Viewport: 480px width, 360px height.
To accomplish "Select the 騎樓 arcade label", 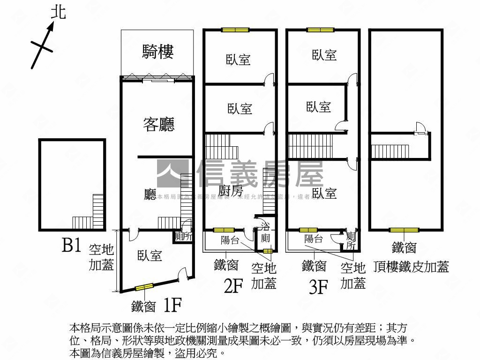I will click(x=158, y=51).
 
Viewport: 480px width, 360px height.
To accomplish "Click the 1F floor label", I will click(x=172, y=306).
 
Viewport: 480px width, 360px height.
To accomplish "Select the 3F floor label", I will click(x=318, y=286).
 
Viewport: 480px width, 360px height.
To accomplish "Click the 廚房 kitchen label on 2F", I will click(x=231, y=191).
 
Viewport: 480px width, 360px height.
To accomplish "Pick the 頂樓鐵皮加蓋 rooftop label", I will click(x=411, y=266).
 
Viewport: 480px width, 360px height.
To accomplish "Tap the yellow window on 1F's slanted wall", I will click(x=144, y=287).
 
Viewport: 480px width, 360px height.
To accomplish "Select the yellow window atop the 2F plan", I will click(x=235, y=30).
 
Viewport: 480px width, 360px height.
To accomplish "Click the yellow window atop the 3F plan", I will click(x=321, y=30).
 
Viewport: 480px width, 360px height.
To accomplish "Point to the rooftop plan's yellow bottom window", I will click(x=404, y=230).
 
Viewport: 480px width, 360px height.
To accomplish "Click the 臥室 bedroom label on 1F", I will click(x=150, y=255).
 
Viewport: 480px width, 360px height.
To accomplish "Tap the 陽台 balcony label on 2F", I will click(x=230, y=240).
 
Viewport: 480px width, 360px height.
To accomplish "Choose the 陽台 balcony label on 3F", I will click(x=313, y=239).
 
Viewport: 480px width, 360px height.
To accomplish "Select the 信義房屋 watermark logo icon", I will click(x=174, y=173).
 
